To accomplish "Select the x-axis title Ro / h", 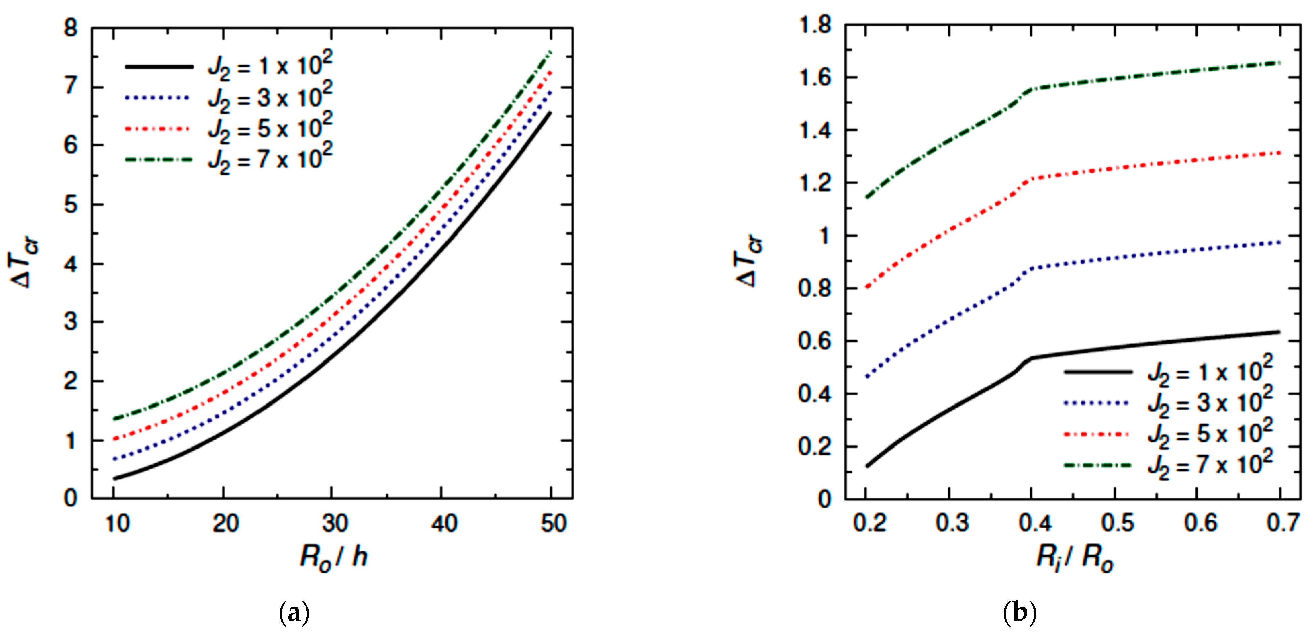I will (334, 557).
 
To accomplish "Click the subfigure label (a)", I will (294, 612).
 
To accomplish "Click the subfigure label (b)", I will (1019, 612).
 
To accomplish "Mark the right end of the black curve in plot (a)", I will (550, 113).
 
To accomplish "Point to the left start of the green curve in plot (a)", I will (114, 419).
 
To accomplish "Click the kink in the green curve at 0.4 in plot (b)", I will (1031, 89).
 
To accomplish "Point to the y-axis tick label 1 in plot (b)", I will (823, 236).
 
